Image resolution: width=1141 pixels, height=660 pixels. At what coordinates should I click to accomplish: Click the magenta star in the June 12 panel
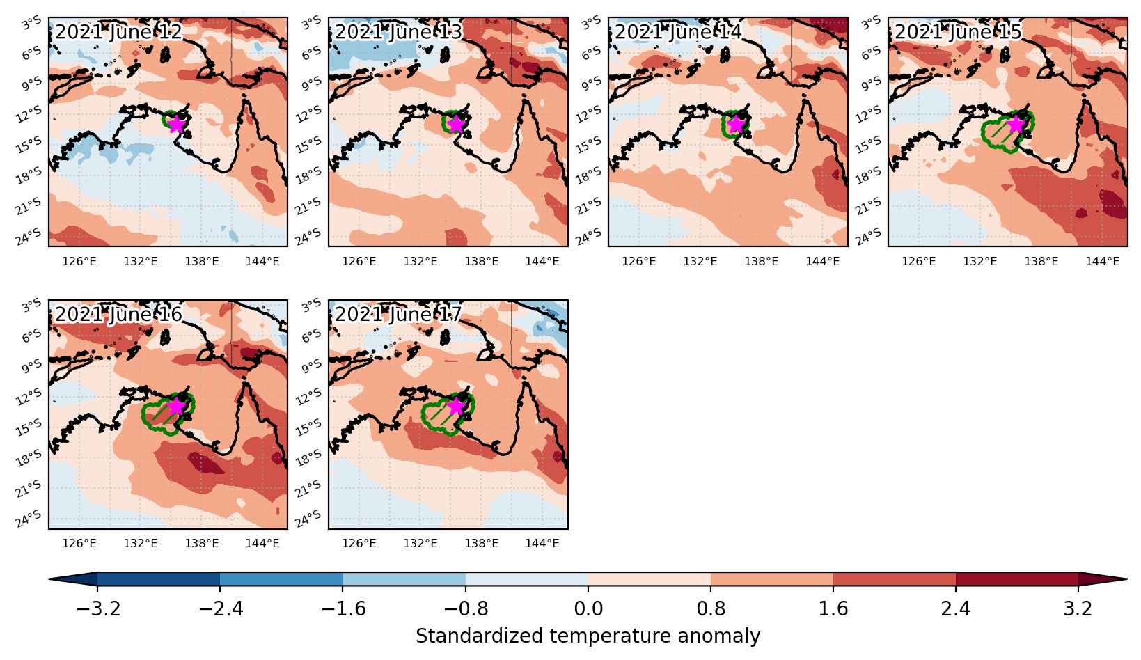(x=176, y=124)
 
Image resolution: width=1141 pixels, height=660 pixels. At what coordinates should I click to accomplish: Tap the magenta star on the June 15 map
(x=1016, y=124)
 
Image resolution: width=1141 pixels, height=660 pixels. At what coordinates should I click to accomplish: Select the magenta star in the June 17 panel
(x=456, y=407)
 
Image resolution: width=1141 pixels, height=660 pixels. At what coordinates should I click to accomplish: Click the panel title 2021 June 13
(x=398, y=32)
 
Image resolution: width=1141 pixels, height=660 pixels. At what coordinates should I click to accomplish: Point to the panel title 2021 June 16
(x=118, y=314)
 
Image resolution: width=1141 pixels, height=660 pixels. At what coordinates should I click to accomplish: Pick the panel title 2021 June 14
(x=678, y=32)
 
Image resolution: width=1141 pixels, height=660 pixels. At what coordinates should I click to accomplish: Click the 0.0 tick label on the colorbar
(x=588, y=608)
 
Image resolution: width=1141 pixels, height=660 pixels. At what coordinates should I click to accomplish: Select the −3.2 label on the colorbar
(x=97, y=608)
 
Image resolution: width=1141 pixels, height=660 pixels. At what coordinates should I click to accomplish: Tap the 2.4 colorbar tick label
(x=956, y=608)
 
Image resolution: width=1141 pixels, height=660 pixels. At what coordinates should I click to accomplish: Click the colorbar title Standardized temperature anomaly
(x=588, y=636)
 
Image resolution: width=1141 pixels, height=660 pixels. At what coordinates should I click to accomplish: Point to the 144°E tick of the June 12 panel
(x=262, y=261)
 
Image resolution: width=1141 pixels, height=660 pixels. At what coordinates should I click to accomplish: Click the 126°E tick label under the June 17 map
(x=359, y=543)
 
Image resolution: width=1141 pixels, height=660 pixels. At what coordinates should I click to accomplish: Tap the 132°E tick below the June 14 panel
(x=700, y=261)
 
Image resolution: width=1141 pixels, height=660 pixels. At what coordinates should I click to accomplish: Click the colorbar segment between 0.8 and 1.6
(x=772, y=579)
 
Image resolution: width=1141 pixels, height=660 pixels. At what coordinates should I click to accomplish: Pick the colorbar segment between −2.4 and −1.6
(x=281, y=579)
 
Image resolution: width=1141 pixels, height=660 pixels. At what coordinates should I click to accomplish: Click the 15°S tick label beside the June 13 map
(x=308, y=145)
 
